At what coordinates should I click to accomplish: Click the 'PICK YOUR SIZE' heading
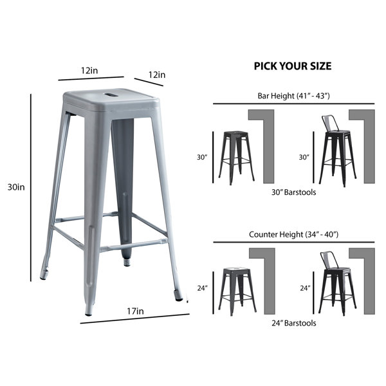pyautogui.click(x=293, y=66)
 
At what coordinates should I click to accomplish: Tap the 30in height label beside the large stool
pyautogui.click(x=16, y=187)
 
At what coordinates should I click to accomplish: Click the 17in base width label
pyautogui.click(x=135, y=311)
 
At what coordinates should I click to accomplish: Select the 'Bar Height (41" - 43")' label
pyautogui.click(x=293, y=96)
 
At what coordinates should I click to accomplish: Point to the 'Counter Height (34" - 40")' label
pyautogui.click(x=294, y=234)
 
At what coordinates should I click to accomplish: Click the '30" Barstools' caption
pyautogui.click(x=294, y=192)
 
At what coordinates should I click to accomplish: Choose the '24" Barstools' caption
pyautogui.click(x=294, y=323)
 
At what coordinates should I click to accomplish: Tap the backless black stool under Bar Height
pyautogui.click(x=236, y=158)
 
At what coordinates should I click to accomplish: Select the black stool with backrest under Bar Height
pyautogui.click(x=338, y=151)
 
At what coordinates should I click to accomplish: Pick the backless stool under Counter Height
pyautogui.click(x=237, y=292)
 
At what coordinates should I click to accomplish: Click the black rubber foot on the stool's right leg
pyautogui.click(x=178, y=295)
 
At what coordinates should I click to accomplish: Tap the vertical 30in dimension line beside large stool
pyautogui.click(x=31, y=187)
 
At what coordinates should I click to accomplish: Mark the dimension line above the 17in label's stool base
pyautogui.click(x=135, y=318)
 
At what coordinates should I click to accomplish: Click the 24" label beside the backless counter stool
pyautogui.click(x=203, y=288)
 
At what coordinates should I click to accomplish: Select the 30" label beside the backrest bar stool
pyautogui.click(x=304, y=157)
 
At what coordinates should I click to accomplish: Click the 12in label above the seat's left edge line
pyautogui.click(x=89, y=71)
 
